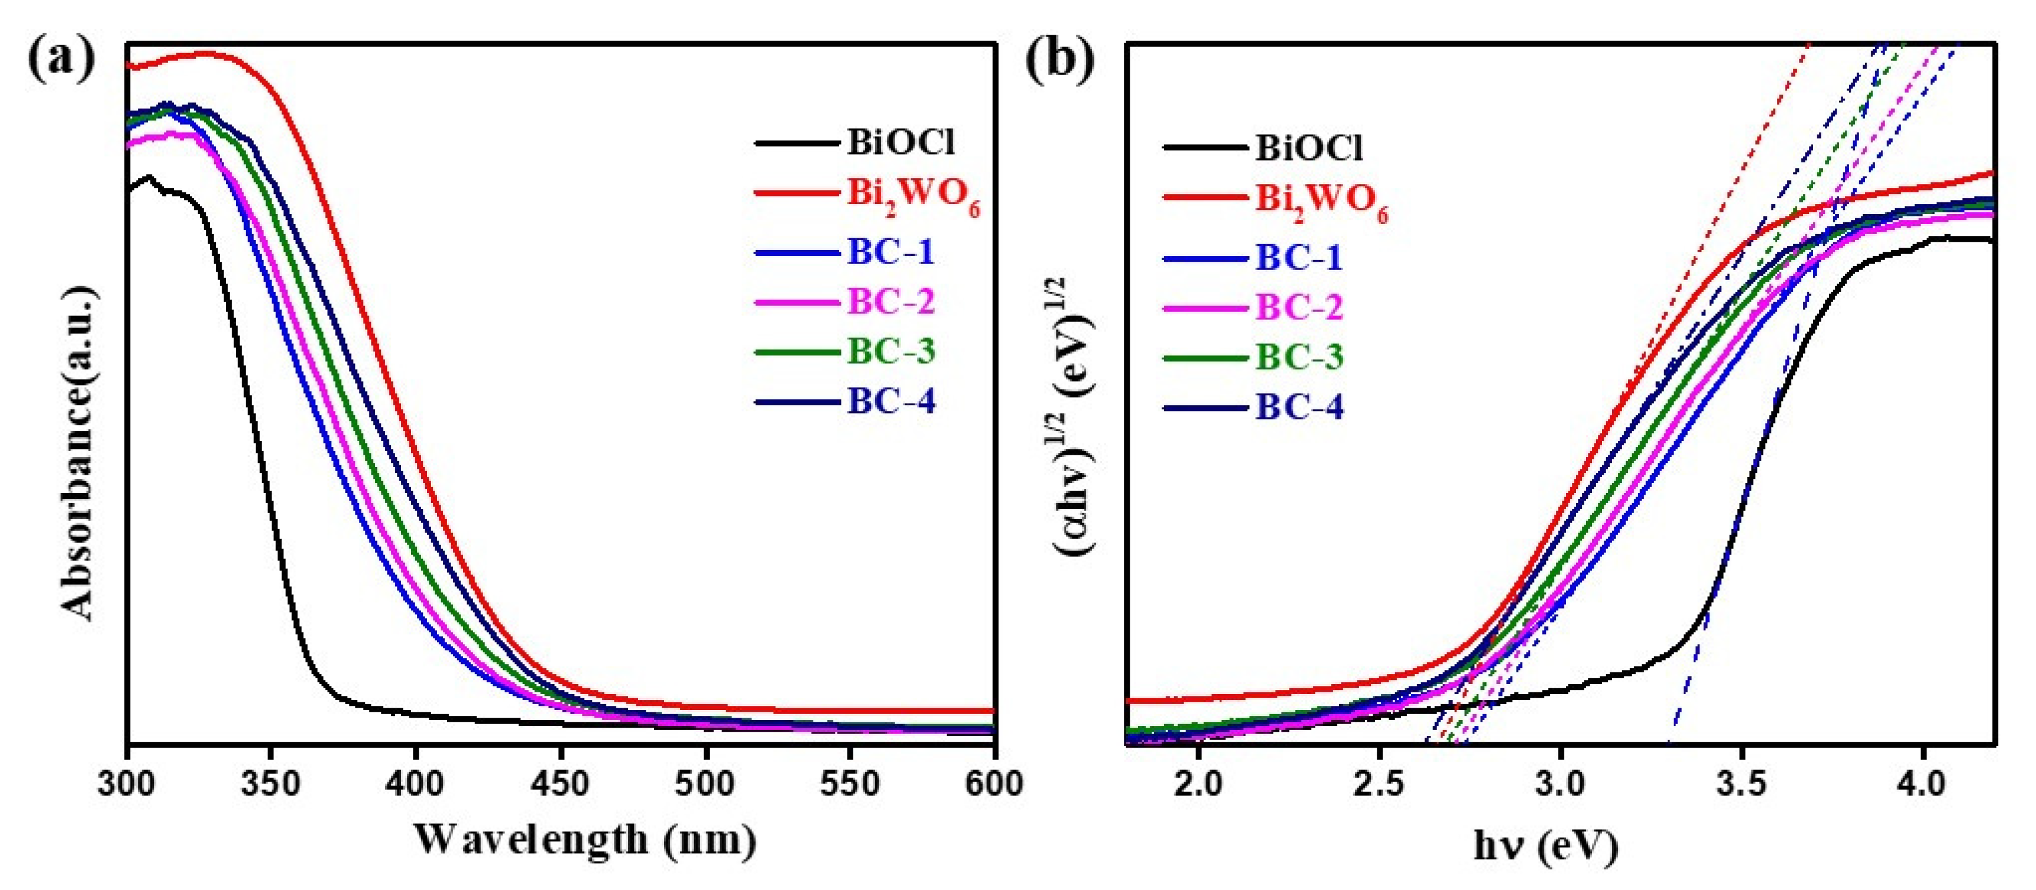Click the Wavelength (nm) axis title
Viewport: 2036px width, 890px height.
pos(585,839)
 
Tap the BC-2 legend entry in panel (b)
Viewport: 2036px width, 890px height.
pos(1299,306)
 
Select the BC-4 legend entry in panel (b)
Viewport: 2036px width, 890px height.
pos(1299,407)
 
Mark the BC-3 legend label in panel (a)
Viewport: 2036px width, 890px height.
pos(891,351)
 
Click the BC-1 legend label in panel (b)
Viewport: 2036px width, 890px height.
pos(1299,257)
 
